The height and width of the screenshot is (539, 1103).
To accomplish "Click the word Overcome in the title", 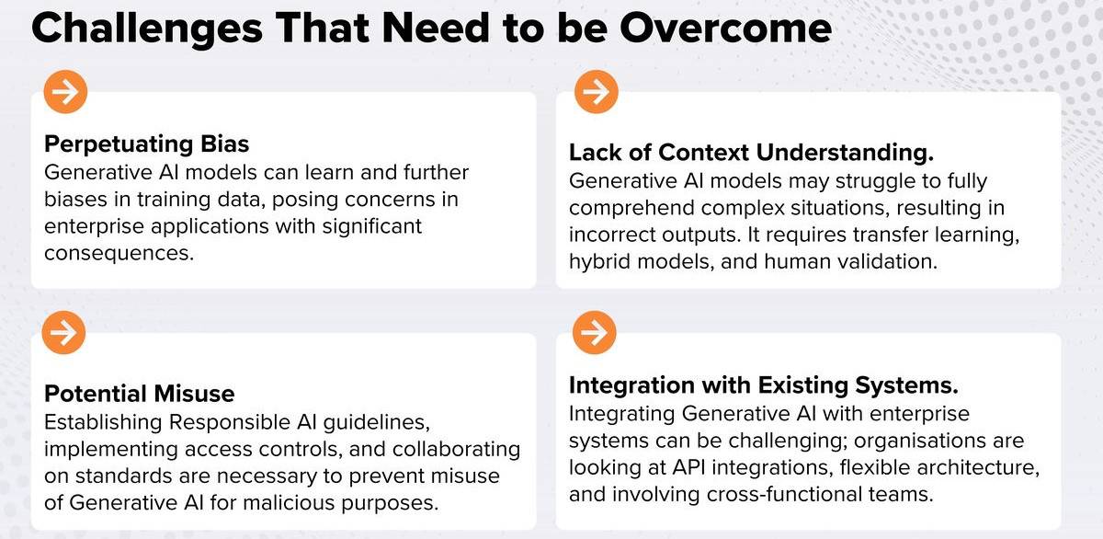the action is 726,28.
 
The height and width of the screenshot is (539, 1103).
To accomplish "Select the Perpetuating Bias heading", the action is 147,144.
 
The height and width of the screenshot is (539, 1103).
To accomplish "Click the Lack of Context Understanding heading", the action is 752,153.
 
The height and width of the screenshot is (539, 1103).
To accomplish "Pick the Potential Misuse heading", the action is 140,394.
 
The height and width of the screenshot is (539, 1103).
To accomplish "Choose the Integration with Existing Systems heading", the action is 764,385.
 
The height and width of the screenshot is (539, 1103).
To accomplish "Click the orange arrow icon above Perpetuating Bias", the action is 65,92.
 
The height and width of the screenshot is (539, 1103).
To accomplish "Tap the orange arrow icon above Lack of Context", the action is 597,92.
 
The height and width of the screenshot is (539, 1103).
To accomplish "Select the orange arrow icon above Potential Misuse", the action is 63,333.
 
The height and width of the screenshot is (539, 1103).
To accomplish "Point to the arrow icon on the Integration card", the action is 595,333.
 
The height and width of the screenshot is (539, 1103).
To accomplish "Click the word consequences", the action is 119,253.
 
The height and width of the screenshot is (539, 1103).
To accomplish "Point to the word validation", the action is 888,261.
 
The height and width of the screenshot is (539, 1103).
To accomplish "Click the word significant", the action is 371,226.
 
